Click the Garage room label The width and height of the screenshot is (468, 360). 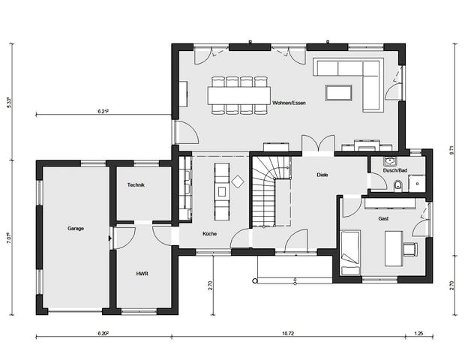(76, 228)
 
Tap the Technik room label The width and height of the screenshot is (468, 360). (136, 185)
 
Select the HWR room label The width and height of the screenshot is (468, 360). (142, 274)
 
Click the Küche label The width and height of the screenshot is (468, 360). (209, 234)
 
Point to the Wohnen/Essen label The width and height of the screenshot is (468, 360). (289, 103)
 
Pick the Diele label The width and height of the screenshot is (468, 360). (324, 175)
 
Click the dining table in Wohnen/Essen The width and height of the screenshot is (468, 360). (239, 94)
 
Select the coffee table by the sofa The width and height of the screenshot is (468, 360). (337, 92)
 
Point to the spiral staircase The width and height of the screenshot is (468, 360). (270, 190)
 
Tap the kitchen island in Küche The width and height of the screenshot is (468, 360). (221, 190)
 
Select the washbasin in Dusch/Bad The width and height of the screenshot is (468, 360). (389, 160)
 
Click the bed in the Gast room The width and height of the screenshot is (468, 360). (350, 253)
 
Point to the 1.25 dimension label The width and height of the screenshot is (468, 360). (418, 331)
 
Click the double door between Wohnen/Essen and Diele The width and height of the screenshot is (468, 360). (318, 145)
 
